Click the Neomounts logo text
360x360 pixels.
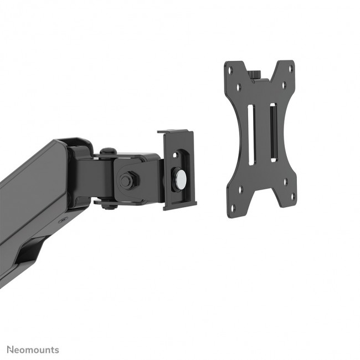tap(33, 350)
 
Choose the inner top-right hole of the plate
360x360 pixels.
tap(284, 85)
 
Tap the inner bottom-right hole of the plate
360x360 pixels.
tap(286, 181)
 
